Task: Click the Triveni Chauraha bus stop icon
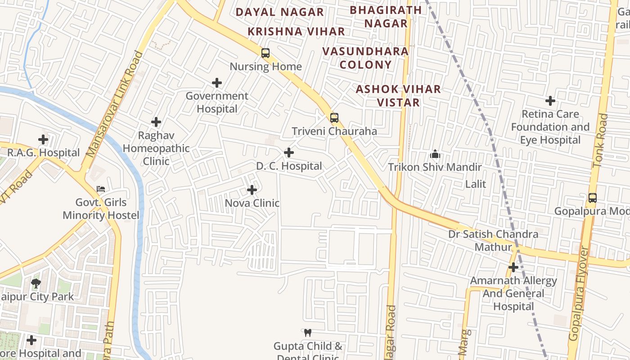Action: [x=334, y=118]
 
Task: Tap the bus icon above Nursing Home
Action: [x=265, y=53]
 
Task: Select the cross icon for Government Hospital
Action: [x=217, y=83]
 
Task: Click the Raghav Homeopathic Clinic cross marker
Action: [x=156, y=122]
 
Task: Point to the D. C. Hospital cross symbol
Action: [x=289, y=153]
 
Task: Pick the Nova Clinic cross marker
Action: [x=252, y=190]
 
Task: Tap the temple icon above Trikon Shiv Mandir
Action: [x=435, y=154]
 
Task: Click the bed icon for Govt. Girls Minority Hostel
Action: [x=101, y=189]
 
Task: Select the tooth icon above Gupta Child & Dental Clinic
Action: [x=308, y=333]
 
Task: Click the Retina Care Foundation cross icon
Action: [x=550, y=101]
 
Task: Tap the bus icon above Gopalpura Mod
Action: [x=593, y=198]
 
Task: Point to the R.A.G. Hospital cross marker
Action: [x=43, y=139]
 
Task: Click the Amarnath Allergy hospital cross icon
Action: [x=513, y=268]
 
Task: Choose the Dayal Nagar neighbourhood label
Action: [x=280, y=12]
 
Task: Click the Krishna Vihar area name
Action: [x=297, y=31]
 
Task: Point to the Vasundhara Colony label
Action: [x=365, y=58]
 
